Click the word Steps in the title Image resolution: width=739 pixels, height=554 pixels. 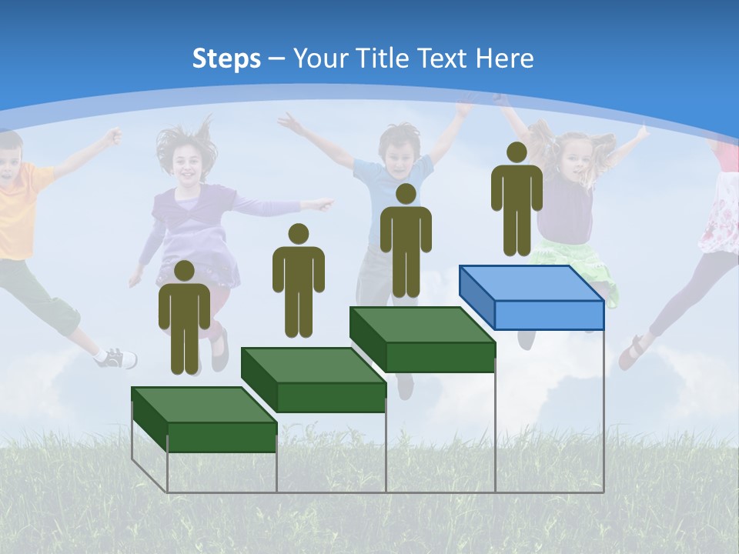point(226,58)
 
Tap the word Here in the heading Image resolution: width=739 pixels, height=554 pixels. point(503,58)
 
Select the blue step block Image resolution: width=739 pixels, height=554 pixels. point(531,297)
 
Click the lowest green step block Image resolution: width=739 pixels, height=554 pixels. point(204,419)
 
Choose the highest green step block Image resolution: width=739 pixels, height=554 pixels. point(422,339)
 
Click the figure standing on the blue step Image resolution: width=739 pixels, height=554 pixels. point(517,204)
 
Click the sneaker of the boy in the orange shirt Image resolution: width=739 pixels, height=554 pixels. point(117,358)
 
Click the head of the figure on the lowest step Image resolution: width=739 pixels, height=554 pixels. point(184,271)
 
